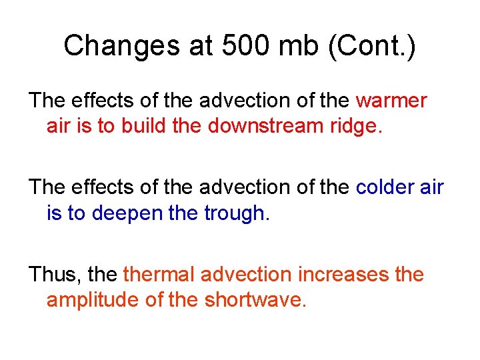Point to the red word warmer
pos(391,101)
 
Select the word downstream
pos(260,125)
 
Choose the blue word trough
pos(236,213)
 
